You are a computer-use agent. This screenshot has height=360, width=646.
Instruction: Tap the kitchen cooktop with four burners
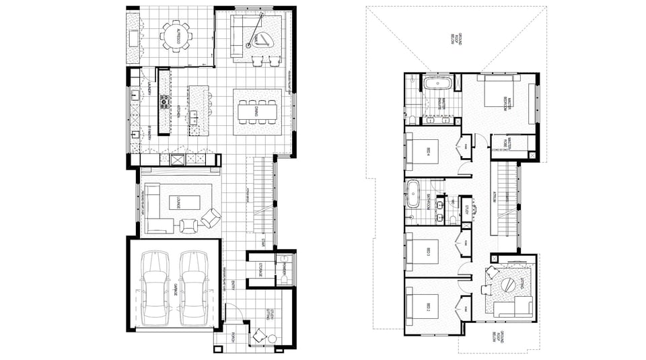point(164,102)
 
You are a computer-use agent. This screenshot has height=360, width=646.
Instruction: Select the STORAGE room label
point(260,269)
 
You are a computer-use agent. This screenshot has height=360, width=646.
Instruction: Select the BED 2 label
point(428,307)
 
